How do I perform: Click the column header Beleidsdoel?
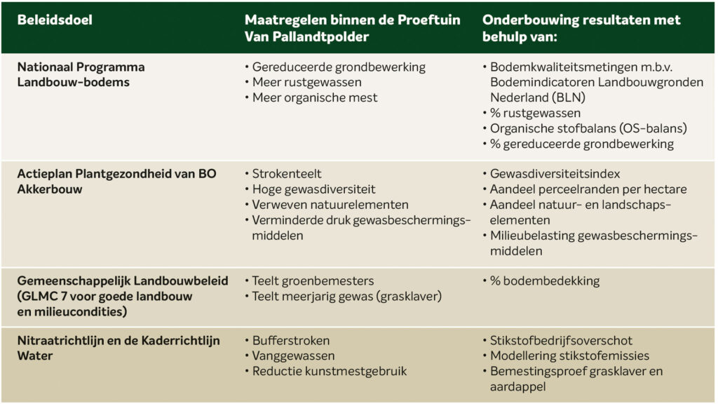[55, 20]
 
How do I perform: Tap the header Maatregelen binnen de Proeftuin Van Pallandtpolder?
[352, 28]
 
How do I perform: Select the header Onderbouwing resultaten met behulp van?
[581, 28]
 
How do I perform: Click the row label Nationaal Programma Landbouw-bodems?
[81, 74]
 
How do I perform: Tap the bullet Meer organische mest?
[315, 98]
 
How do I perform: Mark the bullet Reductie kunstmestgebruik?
[330, 371]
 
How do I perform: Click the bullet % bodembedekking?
[544, 281]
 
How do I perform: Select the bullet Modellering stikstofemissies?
[569, 356]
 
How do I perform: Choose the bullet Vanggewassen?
[294, 356]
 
